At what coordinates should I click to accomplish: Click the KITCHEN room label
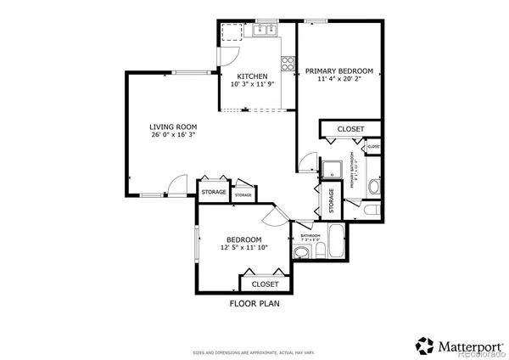tap(253, 76)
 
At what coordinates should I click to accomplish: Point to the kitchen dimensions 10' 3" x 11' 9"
tap(253, 85)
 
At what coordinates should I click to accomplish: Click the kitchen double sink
tap(266, 32)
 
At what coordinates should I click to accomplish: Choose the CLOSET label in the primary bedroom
tap(350, 129)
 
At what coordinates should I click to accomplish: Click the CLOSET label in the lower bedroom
tap(265, 284)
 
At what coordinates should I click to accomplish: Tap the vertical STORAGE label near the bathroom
tap(331, 201)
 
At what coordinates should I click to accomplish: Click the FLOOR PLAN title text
tap(255, 303)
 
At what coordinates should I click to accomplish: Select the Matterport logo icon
tap(424, 345)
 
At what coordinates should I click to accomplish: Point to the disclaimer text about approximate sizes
tap(255, 351)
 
